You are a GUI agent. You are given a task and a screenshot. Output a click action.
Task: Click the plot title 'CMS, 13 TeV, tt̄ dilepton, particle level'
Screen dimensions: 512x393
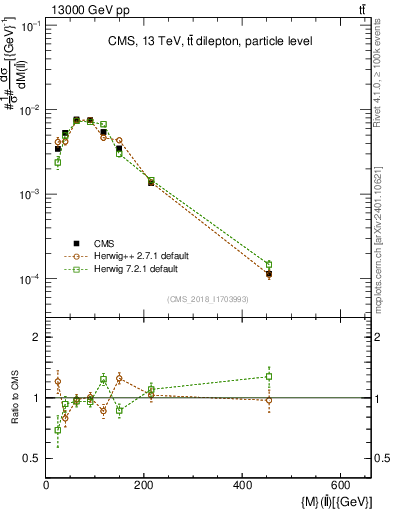click(x=209, y=41)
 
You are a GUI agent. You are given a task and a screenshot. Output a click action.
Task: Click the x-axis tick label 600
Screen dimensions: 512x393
click(x=343, y=486)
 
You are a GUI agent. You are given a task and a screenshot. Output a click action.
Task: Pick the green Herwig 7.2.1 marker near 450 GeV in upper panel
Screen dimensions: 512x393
click(x=269, y=264)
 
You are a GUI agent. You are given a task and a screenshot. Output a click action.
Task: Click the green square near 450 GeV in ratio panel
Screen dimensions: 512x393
click(x=269, y=377)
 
